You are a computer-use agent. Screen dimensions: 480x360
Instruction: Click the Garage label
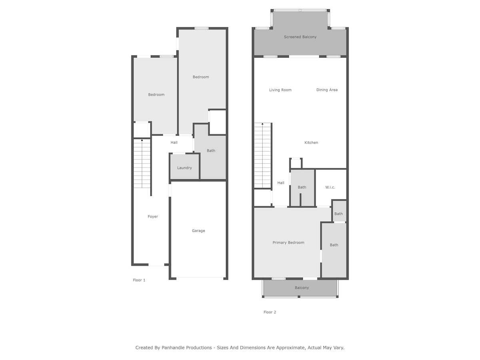coord(198,231)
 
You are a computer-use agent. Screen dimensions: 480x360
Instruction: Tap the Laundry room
coord(184,166)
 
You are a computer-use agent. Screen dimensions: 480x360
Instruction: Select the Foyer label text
coord(153,217)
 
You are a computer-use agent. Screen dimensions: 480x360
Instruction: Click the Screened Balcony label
coord(300,37)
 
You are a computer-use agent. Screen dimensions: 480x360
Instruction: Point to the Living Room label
coord(280,90)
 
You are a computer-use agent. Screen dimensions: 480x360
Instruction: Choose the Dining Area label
coord(327,90)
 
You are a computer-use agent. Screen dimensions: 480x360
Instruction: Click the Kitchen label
coord(311,143)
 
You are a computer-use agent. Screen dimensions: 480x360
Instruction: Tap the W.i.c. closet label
coord(330,187)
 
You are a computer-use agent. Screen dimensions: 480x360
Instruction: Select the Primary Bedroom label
coord(288,243)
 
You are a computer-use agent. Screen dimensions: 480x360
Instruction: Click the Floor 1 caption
coord(139,280)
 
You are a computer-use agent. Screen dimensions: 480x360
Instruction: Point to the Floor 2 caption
coord(270,312)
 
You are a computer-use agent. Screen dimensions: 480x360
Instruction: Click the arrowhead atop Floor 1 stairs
coord(142,140)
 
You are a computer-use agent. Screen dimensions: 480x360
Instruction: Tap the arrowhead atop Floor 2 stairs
coord(262,124)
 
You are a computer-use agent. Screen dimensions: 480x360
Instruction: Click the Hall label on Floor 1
coord(174,142)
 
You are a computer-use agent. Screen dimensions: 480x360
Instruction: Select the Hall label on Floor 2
coord(281,183)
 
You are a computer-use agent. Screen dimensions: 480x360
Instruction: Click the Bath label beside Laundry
coord(211,151)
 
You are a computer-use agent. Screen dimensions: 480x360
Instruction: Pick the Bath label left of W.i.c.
coord(302,187)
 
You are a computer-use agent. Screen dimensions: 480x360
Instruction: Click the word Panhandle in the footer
coord(186,348)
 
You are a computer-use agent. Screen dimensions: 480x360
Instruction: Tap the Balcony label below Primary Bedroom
coord(302,288)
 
